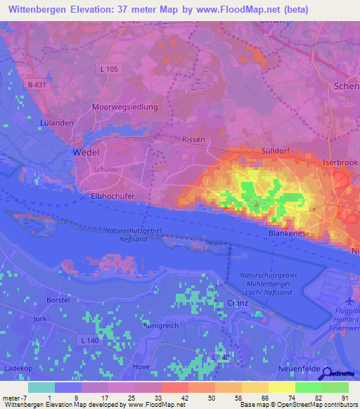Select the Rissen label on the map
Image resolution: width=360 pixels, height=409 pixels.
193,139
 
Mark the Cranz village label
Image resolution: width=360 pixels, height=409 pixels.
238,303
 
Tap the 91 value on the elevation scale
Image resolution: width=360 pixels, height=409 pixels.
344,397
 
